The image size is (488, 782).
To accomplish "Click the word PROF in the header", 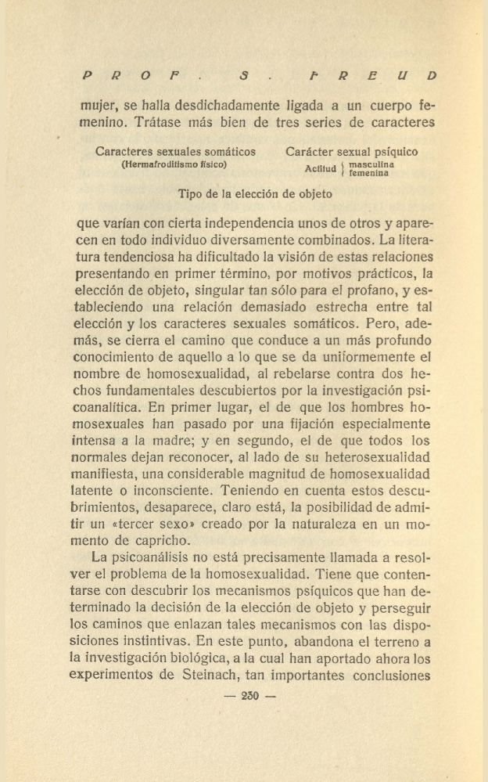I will pyautogui.click(x=132, y=76).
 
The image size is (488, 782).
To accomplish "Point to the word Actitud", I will pyautogui.click(x=320, y=169).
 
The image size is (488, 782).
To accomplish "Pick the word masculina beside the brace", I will pyautogui.click(x=371, y=164).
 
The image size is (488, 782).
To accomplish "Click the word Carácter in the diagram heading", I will pyautogui.click(x=311, y=152).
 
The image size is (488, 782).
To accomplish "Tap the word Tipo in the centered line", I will pyautogui.click(x=191, y=194).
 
